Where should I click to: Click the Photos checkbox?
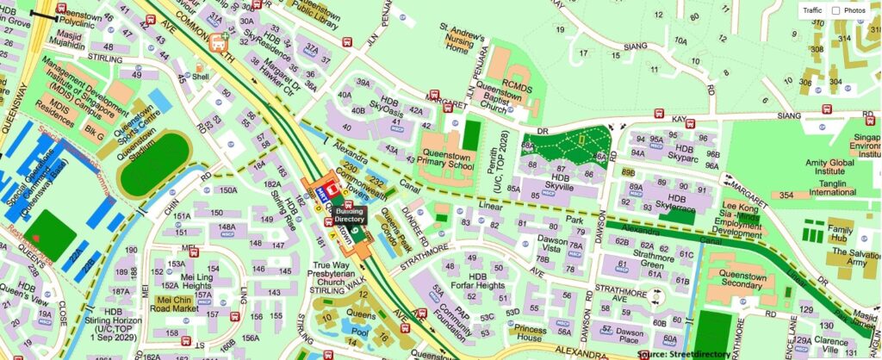click(835, 10)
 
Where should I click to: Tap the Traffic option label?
click(813, 10)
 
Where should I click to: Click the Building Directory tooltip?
click(350, 215)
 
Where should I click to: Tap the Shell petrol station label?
click(202, 76)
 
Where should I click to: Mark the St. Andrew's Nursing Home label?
click(465, 41)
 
